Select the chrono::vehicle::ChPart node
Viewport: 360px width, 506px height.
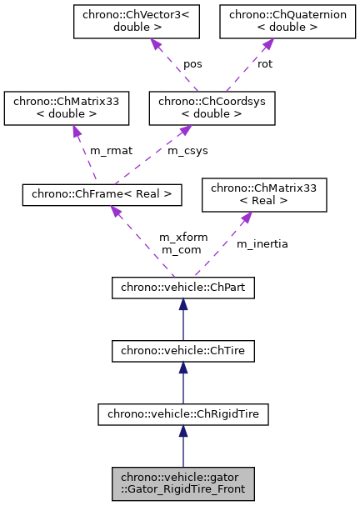click(x=183, y=288)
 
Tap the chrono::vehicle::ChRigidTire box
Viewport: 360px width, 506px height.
click(x=183, y=413)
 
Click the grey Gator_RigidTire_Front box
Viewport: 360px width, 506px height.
click(x=183, y=483)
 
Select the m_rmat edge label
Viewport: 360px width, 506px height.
click(x=106, y=150)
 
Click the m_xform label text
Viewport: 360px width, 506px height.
click(x=179, y=238)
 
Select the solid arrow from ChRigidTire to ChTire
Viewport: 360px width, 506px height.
click(x=183, y=383)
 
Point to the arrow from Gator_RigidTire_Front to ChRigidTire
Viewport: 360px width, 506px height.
click(x=183, y=445)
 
